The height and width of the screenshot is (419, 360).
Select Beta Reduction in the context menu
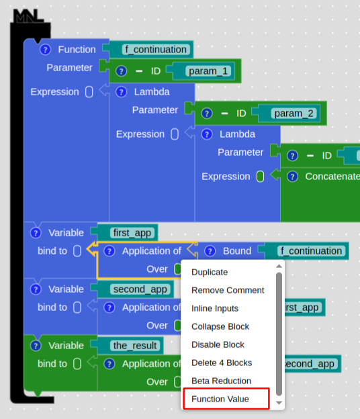point(221,381)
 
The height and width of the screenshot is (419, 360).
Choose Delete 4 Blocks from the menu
point(222,363)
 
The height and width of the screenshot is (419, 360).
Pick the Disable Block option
point(218,344)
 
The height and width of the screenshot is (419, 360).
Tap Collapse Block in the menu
point(220,326)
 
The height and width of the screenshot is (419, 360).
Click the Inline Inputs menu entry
point(215,308)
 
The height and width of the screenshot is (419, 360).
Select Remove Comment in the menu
point(228,290)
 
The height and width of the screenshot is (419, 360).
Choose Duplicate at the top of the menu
point(210,272)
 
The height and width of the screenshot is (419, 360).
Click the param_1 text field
point(208,71)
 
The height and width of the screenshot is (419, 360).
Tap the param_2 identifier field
point(294,113)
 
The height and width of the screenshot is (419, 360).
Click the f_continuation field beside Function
point(156,50)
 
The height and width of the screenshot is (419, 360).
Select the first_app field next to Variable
point(132,233)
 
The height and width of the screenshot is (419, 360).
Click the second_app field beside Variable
point(140,289)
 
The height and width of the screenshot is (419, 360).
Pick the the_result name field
point(135,346)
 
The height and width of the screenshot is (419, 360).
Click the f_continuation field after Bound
point(312,251)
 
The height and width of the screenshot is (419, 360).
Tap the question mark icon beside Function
point(45,50)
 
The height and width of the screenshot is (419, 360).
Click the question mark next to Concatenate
point(292,177)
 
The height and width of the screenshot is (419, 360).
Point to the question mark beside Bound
point(210,251)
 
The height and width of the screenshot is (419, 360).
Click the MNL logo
point(28,16)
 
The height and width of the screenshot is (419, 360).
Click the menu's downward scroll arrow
point(279,403)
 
